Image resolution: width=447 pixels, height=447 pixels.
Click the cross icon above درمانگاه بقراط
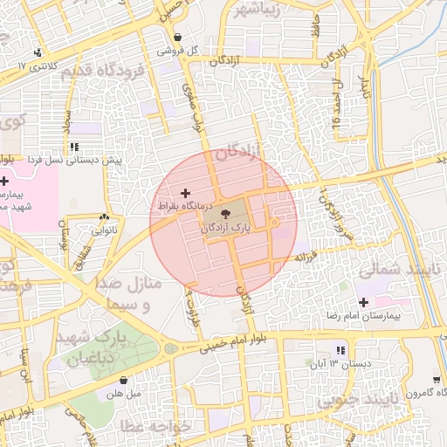pyautogui.click(x=184, y=192)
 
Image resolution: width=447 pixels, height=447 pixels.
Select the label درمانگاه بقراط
pyautogui.click(x=184, y=205)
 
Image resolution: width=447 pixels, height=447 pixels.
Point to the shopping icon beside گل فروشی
pyautogui.click(x=179, y=38)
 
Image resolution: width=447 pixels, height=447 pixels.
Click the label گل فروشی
pyautogui.click(x=178, y=51)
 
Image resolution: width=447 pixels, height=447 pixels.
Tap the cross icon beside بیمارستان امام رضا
pyautogui.click(x=363, y=302)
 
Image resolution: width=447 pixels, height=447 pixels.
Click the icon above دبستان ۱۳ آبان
pyautogui.click(x=341, y=350)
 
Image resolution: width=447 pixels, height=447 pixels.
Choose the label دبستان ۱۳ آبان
pyautogui.click(x=340, y=362)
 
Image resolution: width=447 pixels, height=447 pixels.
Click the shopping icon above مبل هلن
pyautogui.click(x=123, y=381)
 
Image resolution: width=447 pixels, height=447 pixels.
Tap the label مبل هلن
pyautogui.click(x=123, y=394)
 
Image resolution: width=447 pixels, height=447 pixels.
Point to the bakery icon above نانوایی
pyautogui.click(x=105, y=217)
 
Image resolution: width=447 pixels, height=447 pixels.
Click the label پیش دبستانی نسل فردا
pyautogui.click(x=73, y=161)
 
